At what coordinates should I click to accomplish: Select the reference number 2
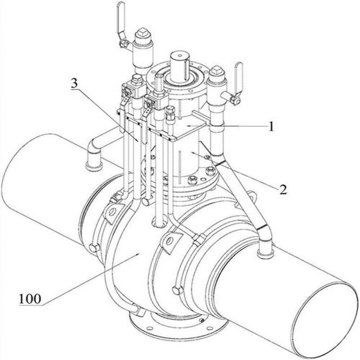(283, 189)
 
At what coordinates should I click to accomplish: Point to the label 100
(30, 298)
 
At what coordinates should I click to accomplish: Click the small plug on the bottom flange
(202, 320)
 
